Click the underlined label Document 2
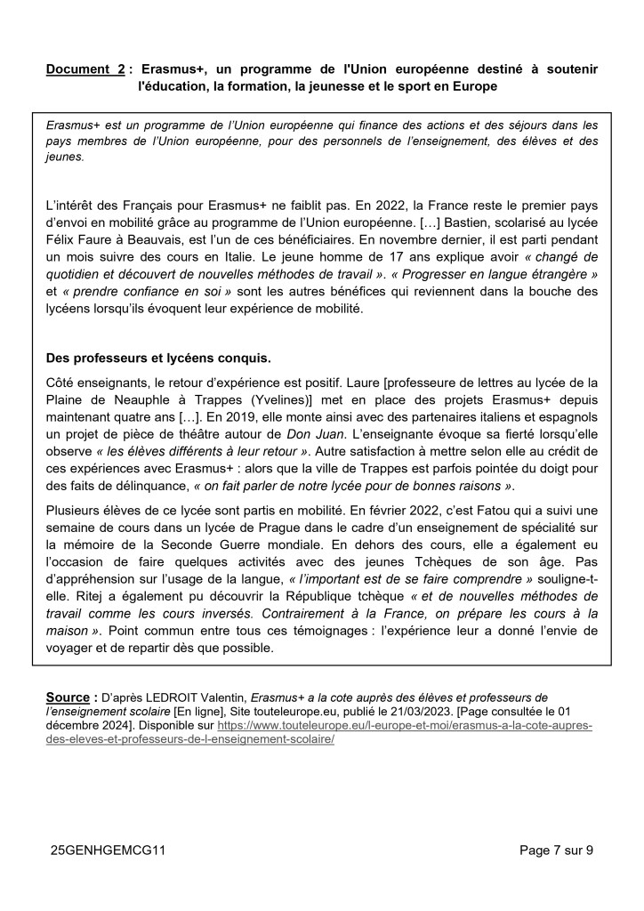point(85,69)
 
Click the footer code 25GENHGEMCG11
point(109,851)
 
